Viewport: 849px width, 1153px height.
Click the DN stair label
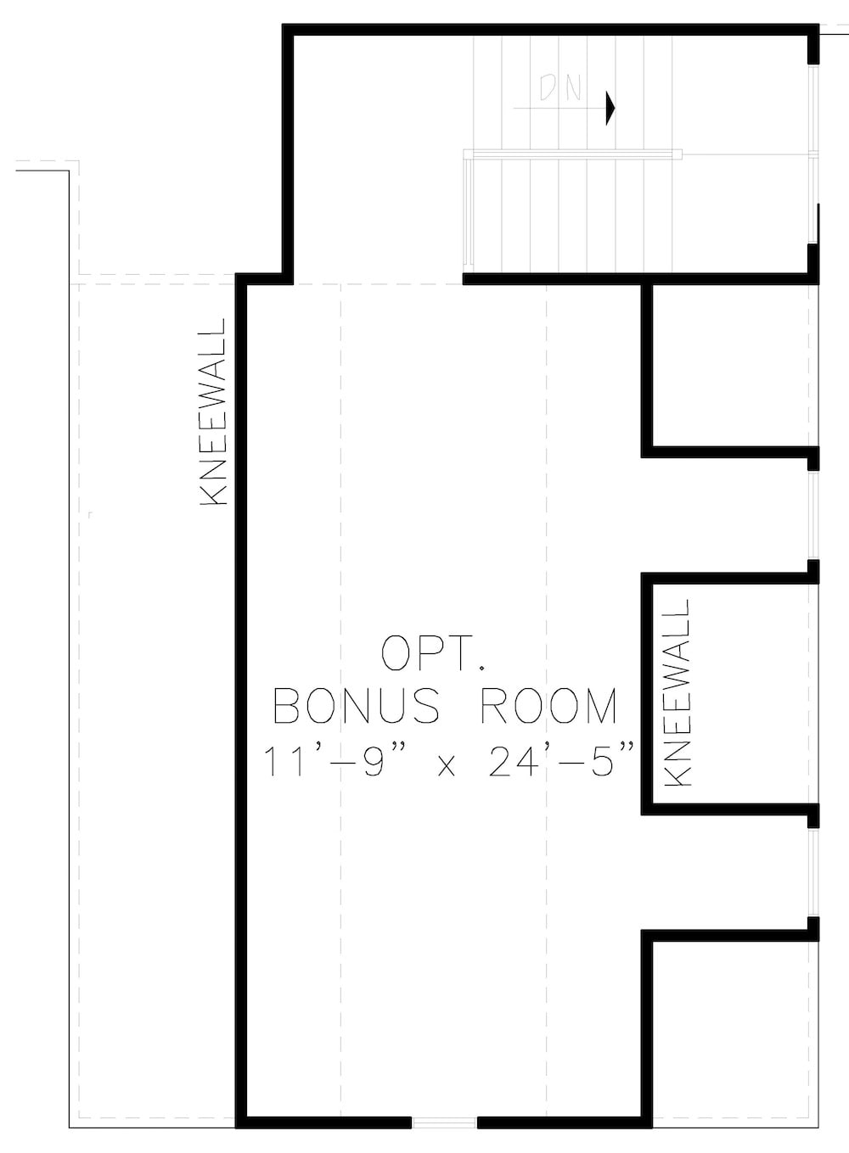[x=559, y=88]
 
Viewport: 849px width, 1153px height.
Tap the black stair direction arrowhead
[x=610, y=108]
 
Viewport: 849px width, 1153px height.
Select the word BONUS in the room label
[x=357, y=706]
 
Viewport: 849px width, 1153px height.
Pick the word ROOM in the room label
[x=549, y=706]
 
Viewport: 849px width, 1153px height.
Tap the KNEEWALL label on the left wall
[x=213, y=412]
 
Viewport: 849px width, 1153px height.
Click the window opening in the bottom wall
[x=444, y=1122]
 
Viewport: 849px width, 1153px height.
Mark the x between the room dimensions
[x=448, y=766]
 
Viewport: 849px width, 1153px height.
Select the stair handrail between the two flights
[x=573, y=154]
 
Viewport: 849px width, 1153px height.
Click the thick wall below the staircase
[x=633, y=277]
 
